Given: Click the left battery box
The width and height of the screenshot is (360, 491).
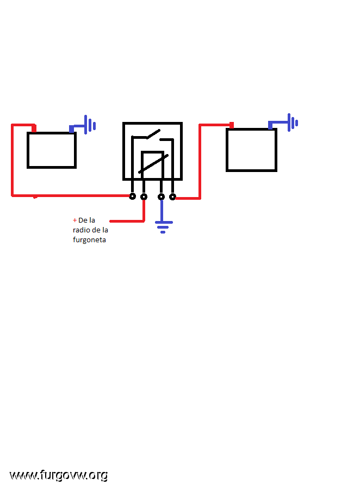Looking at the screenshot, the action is [27, 150].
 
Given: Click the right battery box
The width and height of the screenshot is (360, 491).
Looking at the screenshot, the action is [227, 150].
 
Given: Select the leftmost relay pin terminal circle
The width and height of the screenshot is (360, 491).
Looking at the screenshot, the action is [132, 197].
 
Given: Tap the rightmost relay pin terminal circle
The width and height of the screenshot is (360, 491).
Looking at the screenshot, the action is [172, 197].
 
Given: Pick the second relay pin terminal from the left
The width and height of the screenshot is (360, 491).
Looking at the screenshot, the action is [144, 197].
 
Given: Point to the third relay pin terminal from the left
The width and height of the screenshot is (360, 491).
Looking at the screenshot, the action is [161, 197].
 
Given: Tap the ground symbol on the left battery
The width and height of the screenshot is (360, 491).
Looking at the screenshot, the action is [90, 125].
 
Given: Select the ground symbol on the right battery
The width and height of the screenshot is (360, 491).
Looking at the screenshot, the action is [293, 122].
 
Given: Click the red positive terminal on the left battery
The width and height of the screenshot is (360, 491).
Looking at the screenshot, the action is [34, 128].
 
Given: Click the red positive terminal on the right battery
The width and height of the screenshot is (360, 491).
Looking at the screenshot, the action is [232, 125].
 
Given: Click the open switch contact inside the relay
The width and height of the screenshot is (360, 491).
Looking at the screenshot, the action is [153, 134].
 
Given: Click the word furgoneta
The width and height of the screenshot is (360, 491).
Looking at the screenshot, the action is [89, 240].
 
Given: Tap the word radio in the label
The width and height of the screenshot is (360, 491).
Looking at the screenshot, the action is [81, 230].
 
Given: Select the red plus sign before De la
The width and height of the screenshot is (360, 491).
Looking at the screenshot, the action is [75, 220].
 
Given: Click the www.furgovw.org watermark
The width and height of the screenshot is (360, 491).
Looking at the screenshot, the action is [59, 475].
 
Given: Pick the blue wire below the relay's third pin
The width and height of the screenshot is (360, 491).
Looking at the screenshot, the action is [162, 211].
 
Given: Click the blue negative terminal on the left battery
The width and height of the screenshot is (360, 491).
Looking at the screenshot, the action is [72, 128].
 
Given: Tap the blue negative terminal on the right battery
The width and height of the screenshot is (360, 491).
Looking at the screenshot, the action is [271, 125].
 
